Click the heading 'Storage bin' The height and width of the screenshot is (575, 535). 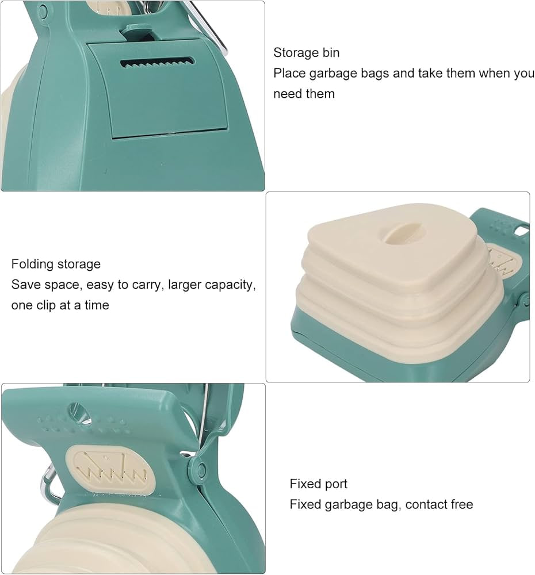point(306,53)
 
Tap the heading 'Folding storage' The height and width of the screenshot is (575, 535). point(56,264)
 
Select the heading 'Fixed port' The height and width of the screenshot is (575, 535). point(318,484)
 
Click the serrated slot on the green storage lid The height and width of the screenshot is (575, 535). point(158,62)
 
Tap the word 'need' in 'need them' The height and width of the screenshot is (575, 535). point(288,94)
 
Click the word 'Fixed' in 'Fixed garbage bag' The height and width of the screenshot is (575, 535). point(304,505)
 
